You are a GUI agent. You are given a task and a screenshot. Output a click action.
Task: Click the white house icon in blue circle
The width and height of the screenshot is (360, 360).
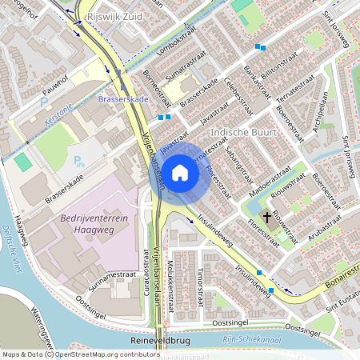click(x=180, y=173)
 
